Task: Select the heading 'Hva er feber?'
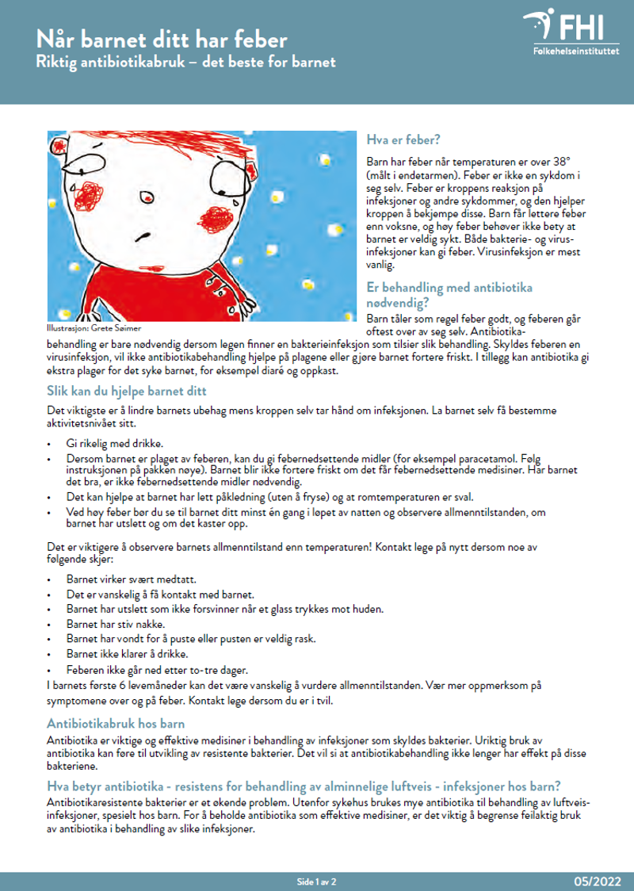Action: [403, 140]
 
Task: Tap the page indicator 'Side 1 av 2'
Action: [315, 881]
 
